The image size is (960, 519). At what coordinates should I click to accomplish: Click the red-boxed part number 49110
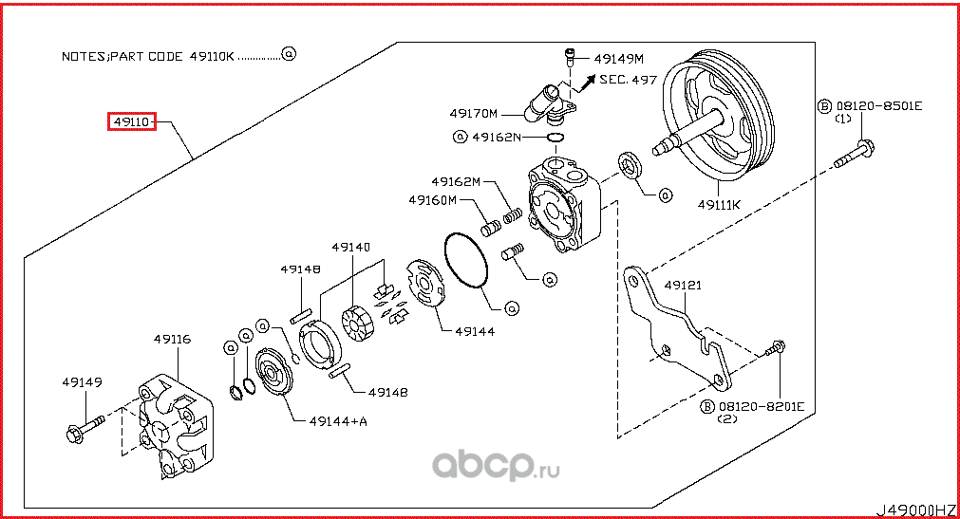130,121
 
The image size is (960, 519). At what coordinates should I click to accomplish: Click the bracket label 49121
682,285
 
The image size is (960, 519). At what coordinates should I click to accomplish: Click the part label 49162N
497,137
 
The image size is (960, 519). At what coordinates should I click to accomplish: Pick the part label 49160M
433,200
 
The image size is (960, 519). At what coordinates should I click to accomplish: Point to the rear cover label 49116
173,338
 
